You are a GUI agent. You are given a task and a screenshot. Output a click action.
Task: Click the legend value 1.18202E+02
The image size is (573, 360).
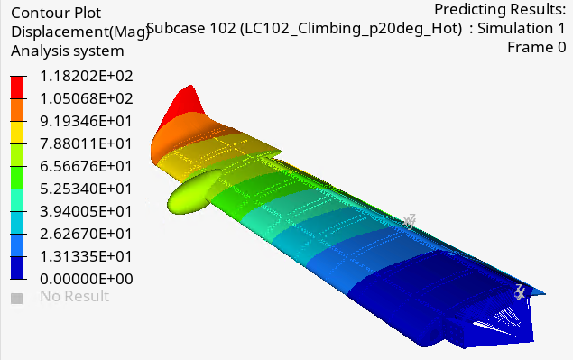(87, 77)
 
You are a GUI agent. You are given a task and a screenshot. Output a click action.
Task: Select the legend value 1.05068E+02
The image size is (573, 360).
(87, 98)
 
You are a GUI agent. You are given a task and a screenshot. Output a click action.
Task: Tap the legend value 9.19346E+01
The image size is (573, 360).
(86, 121)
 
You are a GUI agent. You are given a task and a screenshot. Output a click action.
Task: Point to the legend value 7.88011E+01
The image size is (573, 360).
(86, 144)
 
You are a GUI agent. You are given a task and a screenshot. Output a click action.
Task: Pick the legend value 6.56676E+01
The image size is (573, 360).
(86, 166)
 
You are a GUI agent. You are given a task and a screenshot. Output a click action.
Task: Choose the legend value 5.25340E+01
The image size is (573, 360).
(86, 189)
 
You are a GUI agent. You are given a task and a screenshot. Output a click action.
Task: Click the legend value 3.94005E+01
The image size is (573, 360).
(86, 212)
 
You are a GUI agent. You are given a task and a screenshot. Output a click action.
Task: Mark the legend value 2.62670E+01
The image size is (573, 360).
(86, 234)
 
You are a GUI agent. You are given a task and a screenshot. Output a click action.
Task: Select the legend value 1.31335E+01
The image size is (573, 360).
(86, 256)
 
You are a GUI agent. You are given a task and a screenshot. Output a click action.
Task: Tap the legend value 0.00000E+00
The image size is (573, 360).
(87, 279)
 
